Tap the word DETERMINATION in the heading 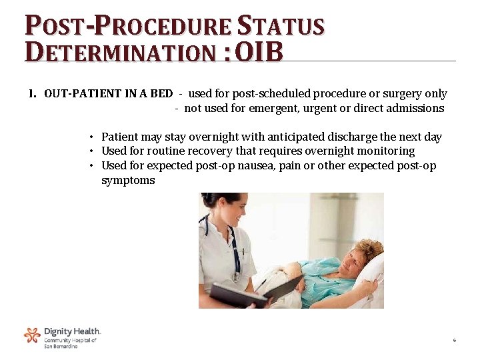[120, 51]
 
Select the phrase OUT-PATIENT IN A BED [108, 94]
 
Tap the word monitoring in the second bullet [385, 151]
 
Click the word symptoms [128, 180]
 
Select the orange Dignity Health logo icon [32, 335]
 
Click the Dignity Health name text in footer [72, 331]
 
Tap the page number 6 [454, 341]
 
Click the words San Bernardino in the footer [61, 347]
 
